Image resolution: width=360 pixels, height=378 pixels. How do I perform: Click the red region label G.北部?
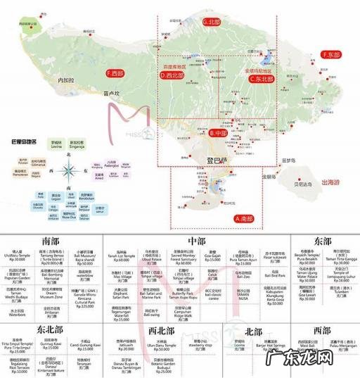pos(211,22)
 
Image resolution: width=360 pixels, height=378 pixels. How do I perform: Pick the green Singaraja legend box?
pos(88,141)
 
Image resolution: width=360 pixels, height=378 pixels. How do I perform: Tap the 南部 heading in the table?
pos(50,239)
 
